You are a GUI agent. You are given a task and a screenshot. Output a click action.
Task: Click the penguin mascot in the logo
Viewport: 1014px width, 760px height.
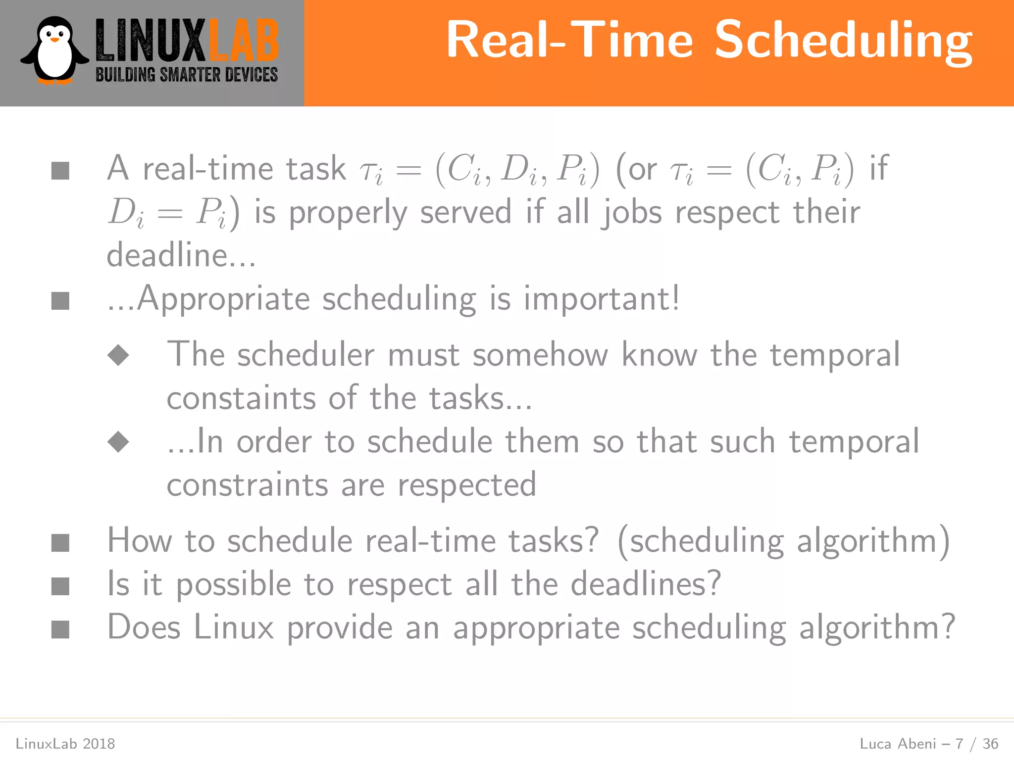[x=54, y=51]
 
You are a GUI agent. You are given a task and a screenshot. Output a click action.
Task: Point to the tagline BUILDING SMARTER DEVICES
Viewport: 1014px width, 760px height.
[x=187, y=75]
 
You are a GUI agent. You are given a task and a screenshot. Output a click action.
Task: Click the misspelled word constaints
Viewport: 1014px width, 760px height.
[x=241, y=398]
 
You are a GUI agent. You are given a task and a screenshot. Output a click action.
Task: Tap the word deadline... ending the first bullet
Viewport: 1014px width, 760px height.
[x=181, y=255]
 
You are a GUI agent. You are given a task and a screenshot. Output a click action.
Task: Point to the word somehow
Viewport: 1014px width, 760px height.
[x=540, y=355]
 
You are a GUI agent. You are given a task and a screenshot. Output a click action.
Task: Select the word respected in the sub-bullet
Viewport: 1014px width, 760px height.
[x=467, y=485]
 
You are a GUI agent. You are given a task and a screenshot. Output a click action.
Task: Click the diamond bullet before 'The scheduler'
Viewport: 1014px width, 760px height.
[x=118, y=355]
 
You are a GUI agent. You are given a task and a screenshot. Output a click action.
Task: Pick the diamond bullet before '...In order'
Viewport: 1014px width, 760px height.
[x=118, y=441]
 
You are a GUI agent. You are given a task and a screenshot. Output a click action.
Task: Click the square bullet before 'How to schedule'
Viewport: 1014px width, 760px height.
[x=60, y=543]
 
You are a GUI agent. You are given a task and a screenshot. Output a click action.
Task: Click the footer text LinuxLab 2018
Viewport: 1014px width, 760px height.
[x=65, y=744]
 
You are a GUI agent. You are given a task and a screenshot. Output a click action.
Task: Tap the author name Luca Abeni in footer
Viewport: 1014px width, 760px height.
[x=898, y=744]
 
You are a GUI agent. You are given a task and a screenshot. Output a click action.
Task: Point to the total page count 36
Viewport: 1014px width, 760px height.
[x=990, y=744]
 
